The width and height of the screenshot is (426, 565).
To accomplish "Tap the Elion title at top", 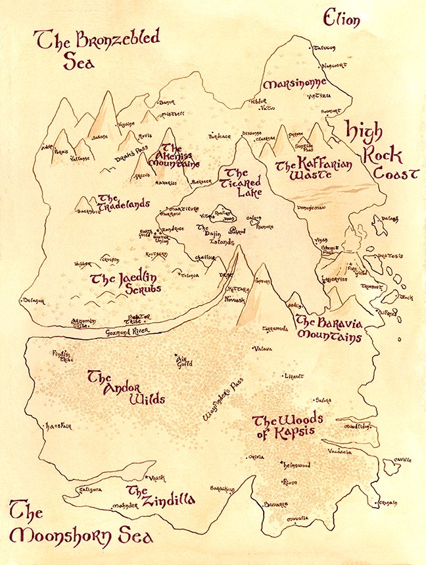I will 341,20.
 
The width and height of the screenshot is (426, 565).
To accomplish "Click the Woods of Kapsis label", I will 284,426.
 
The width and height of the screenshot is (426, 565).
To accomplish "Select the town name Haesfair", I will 57,427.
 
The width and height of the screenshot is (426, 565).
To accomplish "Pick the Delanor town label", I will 32,301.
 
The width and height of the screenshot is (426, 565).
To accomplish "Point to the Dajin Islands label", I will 214,234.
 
